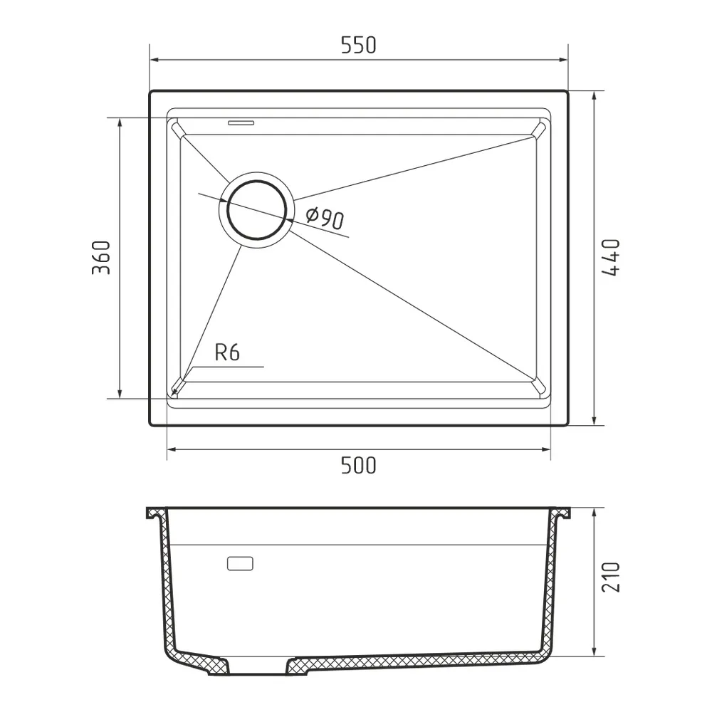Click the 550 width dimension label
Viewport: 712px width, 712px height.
pos(357,46)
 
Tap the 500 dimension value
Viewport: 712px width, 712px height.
pos(357,466)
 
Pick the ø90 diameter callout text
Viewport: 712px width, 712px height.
pos(325,218)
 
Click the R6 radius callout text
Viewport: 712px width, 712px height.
pos(226,353)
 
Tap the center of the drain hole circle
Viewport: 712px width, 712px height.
pos(256,210)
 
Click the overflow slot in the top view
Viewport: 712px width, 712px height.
pos(241,122)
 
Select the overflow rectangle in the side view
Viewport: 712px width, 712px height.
pos(240,563)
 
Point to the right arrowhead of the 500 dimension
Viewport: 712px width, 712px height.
pos(546,449)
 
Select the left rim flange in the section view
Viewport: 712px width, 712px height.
pos(155,513)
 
